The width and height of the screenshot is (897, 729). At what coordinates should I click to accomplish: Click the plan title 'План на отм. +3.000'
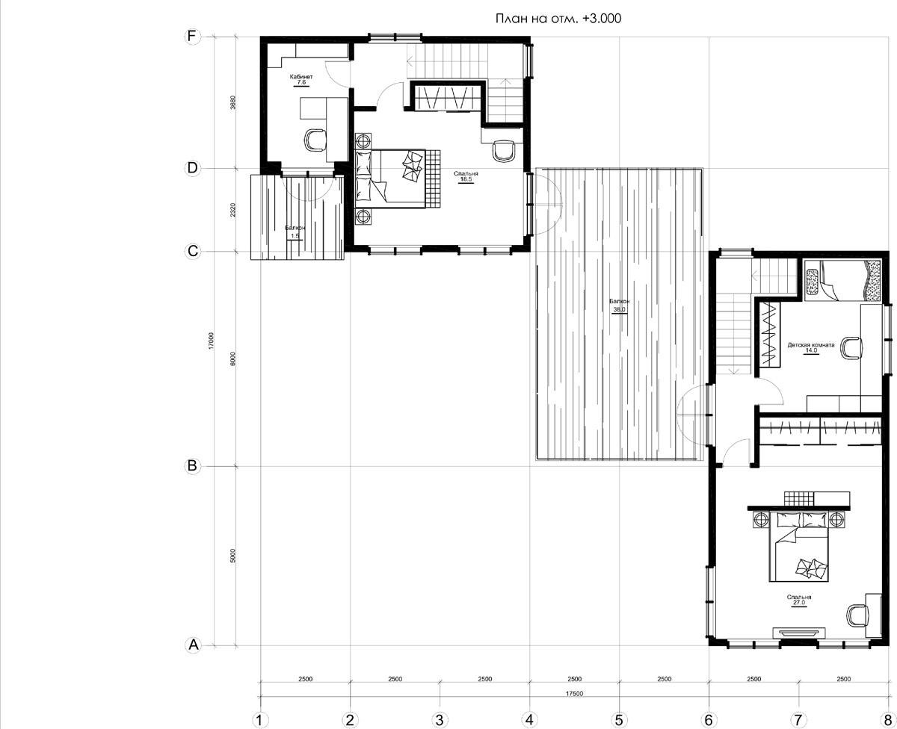[558, 19]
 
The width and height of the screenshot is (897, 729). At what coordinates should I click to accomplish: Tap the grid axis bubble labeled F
[192, 37]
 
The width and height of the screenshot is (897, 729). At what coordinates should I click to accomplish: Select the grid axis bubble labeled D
[192, 168]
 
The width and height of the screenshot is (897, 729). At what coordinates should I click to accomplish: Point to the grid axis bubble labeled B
[192, 466]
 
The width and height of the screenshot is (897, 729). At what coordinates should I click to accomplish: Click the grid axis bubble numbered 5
[619, 720]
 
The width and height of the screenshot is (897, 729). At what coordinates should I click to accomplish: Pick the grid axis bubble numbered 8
[888, 720]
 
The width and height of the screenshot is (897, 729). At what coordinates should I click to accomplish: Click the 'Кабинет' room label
[301, 76]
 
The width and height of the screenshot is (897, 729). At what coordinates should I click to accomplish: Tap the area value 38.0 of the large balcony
[619, 310]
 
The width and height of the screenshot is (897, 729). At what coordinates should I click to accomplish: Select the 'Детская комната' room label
[811, 345]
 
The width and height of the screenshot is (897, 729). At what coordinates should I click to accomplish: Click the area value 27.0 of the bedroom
[799, 602]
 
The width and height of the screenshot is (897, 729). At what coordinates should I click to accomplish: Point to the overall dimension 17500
[574, 694]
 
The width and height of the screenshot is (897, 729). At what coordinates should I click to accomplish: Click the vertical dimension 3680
[233, 102]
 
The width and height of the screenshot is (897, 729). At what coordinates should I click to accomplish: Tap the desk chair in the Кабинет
[315, 140]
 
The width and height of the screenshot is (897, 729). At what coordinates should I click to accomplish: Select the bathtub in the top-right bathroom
[842, 281]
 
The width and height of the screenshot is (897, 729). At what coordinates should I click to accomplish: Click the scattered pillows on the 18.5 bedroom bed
[412, 167]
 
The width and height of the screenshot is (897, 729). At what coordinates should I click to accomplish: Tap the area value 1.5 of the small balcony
[295, 235]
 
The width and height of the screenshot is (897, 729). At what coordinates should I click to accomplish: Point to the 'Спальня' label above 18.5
[466, 173]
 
